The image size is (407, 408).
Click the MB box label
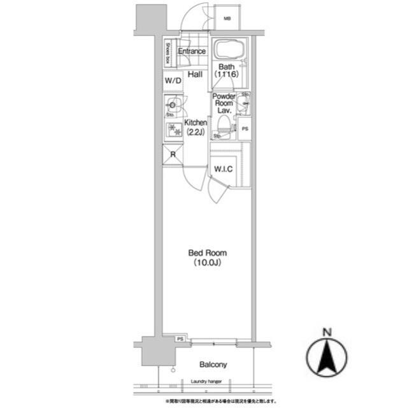pos(227,18)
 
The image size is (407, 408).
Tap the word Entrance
pos(191,52)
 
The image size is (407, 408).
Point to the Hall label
pos(195,75)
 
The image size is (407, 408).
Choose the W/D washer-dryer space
pos(173,82)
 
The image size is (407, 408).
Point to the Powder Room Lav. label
pos(224,103)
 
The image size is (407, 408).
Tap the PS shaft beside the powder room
pos(245,129)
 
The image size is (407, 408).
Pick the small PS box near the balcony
pos(180,339)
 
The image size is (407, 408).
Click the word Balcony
pos(213,365)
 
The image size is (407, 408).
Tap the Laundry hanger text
pos(206,382)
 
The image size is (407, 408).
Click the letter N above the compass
pos(327,331)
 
